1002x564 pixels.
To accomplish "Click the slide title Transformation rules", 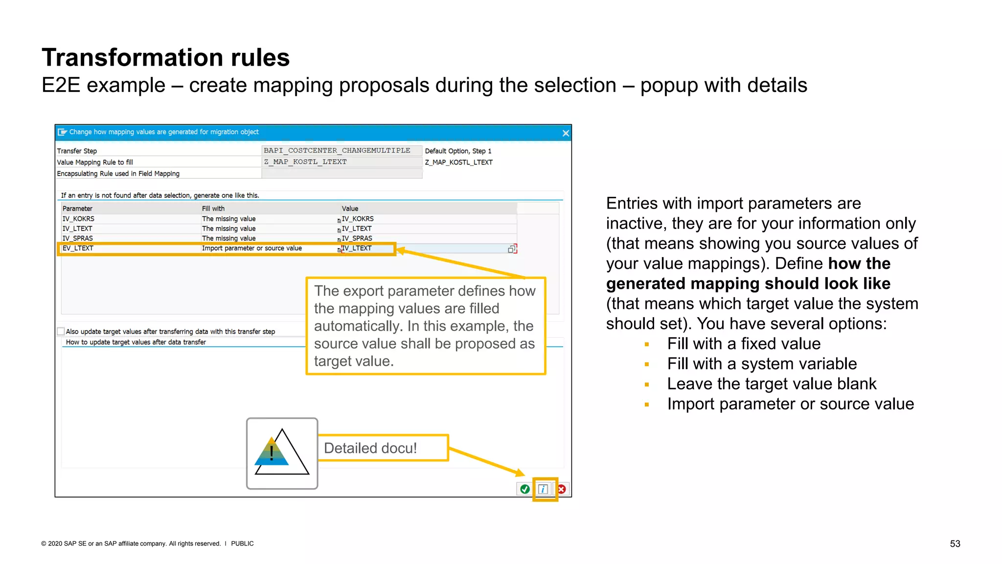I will (x=165, y=58).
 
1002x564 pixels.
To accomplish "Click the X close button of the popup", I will (x=566, y=133).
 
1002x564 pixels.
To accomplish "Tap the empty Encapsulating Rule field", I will (x=341, y=173).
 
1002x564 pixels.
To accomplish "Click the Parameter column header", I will (x=77, y=209).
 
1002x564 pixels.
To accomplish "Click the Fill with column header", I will (x=213, y=209).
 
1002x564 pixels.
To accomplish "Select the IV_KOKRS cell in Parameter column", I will (x=78, y=219).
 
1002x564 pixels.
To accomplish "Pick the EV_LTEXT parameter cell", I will (x=78, y=248).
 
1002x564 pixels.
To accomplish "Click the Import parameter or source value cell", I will (x=251, y=248).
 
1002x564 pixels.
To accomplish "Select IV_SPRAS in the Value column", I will (x=357, y=238).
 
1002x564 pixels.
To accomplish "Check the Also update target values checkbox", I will (x=61, y=331).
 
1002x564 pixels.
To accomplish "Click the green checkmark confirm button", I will (x=525, y=489).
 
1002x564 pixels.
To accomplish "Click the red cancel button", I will (x=562, y=489).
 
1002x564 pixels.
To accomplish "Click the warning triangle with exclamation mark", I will (x=281, y=453).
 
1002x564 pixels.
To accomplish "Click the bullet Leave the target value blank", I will (x=772, y=384).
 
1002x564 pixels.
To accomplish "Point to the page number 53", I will (x=955, y=543).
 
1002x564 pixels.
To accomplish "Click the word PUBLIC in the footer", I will (x=242, y=543).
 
